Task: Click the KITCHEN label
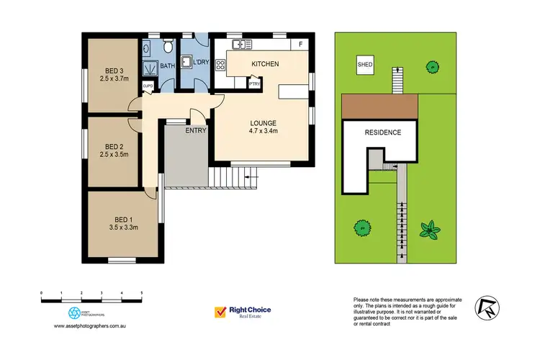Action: click(265, 65)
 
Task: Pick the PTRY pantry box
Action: click(253, 84)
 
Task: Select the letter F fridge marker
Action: click(301, 45)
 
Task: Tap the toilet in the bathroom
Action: click(168, 48)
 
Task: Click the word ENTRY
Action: click(196, 130)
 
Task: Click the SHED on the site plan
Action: click(366, 65)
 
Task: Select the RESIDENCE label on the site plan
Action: click(382, 132)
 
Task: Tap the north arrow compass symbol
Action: click(487, 308)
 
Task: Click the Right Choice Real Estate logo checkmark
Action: click(220, 312)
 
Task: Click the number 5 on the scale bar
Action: click(142, 293)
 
